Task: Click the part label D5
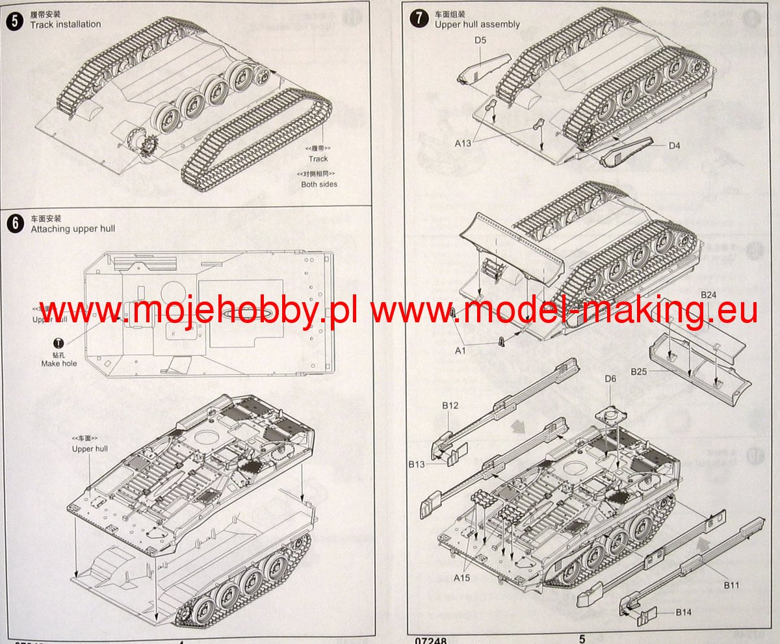point(480,40)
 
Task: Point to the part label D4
point(674,146)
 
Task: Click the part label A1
point(460,351)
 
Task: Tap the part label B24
point(708,295)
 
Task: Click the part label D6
point(610,379)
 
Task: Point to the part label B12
point(450,406)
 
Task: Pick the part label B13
point(417,464)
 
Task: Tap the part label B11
point(732,586)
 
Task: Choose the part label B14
point(683,612)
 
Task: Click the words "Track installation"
point(66,25)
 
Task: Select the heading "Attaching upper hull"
point(73,229)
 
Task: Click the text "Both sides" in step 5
point(319,184)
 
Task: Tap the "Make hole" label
point(59,363)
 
